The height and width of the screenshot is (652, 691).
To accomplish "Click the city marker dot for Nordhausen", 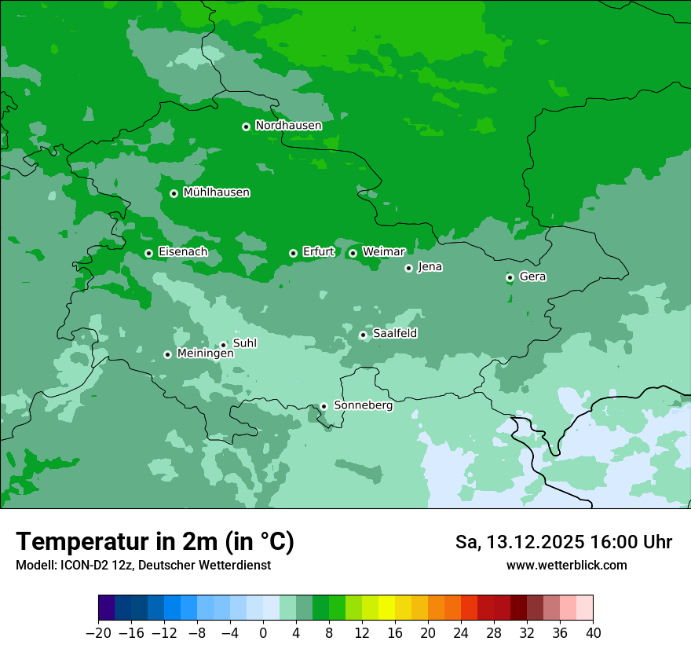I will (x=246, y=126).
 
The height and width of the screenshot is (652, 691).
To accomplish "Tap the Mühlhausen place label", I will (x=216, y=192).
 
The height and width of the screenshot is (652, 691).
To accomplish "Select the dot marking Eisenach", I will (x=148, y=253).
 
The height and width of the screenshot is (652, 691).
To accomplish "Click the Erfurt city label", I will (x=318, y=252).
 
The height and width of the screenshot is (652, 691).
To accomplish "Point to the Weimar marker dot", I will (x=353, y=253).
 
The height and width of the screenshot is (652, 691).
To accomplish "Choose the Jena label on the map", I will (x=430, y=267).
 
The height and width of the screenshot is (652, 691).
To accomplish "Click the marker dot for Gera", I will (x=510, y=277).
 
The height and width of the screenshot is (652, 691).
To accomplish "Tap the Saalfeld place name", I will (x=394, y=334).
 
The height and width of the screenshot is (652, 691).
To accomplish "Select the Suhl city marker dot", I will (x=223, y=345).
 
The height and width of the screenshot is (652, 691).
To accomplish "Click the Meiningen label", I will (x=205, y=353).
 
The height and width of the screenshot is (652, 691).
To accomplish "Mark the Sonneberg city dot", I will (x=324, y=406).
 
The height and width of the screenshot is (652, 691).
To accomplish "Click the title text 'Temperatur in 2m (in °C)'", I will (x=155, y=541).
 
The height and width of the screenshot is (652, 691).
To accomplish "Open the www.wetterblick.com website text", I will (x=566, y=565).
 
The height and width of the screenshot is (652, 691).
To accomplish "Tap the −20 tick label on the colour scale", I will (x=98, y=633).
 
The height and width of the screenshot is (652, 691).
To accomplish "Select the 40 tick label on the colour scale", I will (x=593, y=633).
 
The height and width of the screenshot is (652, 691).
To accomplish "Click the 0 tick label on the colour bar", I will (x=263, y=633).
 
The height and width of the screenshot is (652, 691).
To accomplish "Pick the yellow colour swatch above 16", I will (x=386, y=608).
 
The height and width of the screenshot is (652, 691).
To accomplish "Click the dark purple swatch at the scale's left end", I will (x=107, y=608).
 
